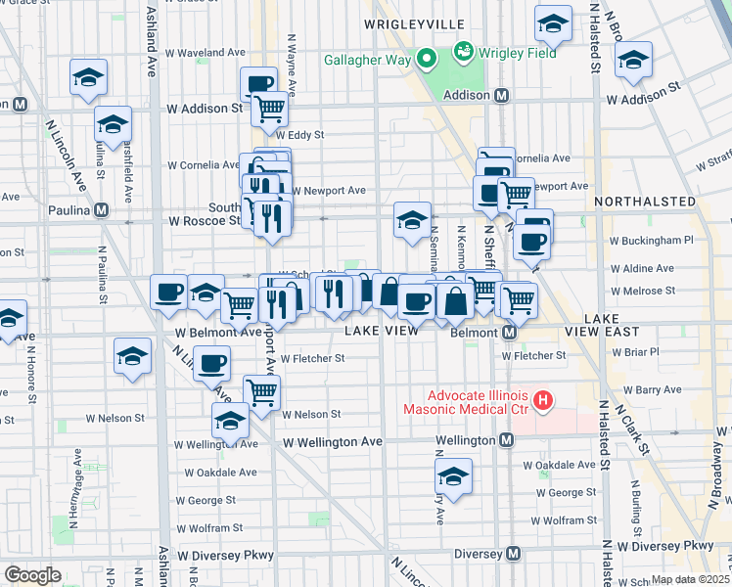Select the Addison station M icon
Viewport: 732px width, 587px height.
[x=502, y=96]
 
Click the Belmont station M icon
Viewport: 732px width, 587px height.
[x=509, y=334]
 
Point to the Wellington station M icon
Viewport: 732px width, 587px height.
[x=506, y=440]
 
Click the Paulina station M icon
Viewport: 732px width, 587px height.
[x=101, y=210]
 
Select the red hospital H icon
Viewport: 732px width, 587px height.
[x=544, y=401]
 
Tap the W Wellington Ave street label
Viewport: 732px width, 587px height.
[x=332, y=442]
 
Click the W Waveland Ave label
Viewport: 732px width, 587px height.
[x=206, y=52]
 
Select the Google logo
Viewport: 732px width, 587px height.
[x=32, y=575]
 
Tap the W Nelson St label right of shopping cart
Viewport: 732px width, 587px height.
[x=311, y=414]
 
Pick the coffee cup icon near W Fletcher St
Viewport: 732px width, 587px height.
[x=211, y=364]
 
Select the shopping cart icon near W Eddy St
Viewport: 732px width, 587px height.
[x=268, y=109]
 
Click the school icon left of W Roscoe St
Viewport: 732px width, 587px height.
[x=113, y=124]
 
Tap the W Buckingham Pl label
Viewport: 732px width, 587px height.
[x=651, y=239]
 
